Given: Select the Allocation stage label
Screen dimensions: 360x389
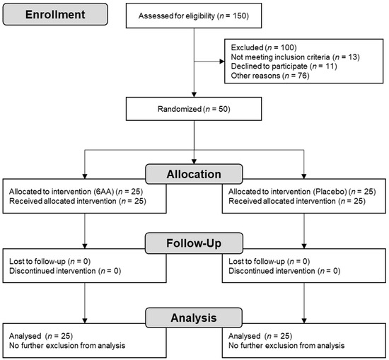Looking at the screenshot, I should (x=194, y=174).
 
